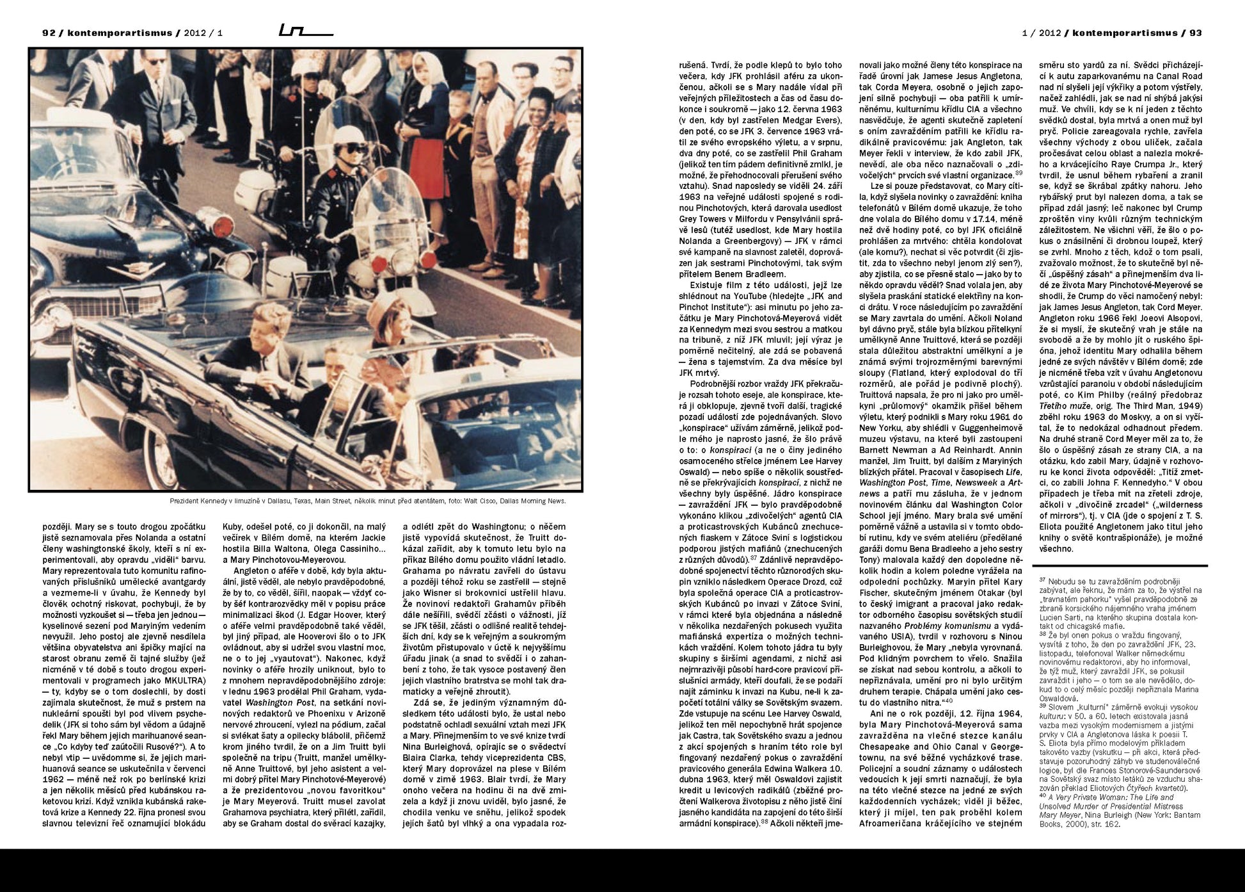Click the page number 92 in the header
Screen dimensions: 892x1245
(x=49, y=33)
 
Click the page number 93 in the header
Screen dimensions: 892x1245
(x=1195, y=33)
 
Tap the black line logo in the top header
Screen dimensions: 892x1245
(x=305, y=31)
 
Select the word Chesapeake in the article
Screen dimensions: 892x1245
(x=886, y=747)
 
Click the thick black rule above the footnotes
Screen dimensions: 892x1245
(x=1120, y=566)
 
